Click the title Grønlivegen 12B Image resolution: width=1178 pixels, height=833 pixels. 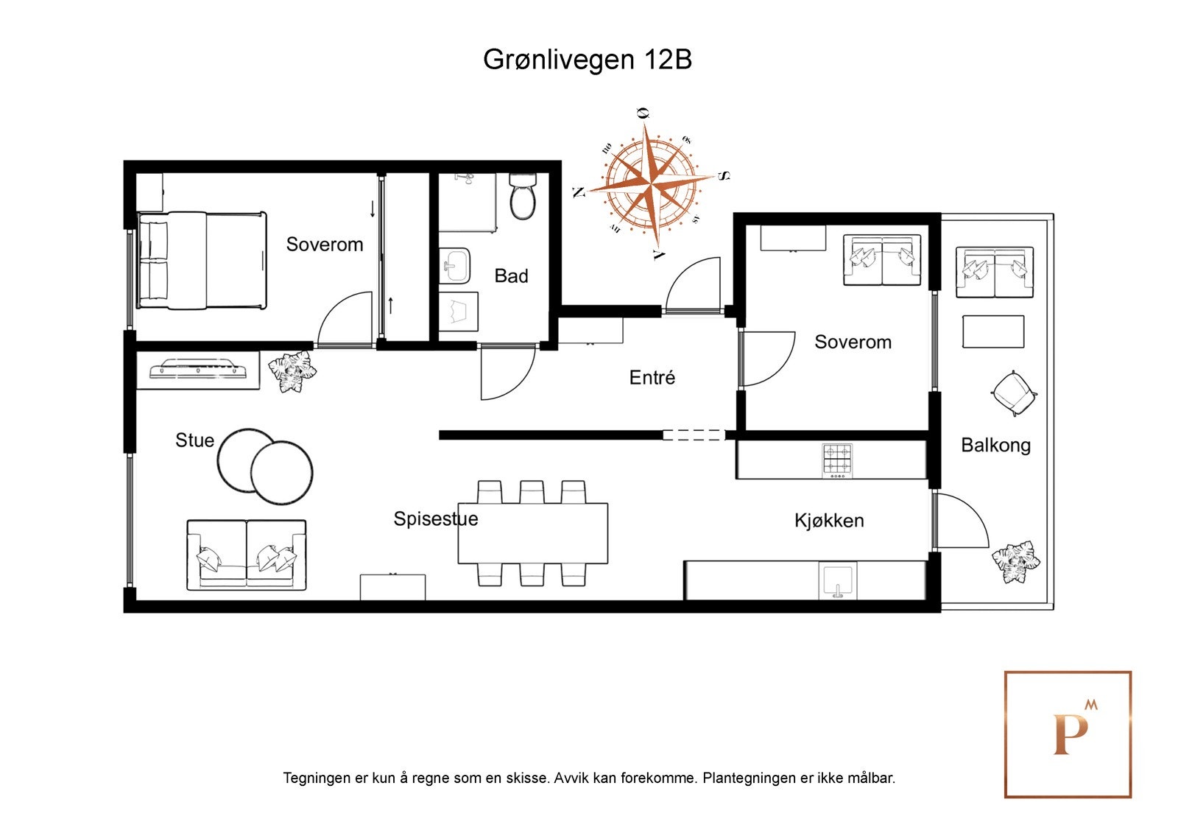pyautogui.click(x=587, y=60)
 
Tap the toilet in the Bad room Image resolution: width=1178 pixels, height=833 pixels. pyautogui.click(x=523, y=197)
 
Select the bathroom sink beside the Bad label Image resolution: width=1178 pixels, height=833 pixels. pyautogui.click(x=456, y=264)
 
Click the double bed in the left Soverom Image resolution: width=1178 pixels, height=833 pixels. pyautogui.click(x=202, y=260)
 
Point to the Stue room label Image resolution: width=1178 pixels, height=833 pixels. pyautogui.click(x=194, y=440)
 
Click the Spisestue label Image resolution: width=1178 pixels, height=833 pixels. pyautogui.click(x=435, y=519)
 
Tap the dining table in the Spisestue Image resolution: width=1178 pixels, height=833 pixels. pyautogui.click(x=532, y=533)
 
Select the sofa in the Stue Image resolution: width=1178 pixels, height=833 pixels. pyautogui.click(x=247, y=554)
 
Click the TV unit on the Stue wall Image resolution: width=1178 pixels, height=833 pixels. pyautogui.click(x=198, y=369)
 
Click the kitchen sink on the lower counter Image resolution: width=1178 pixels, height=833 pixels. pyautogui.click(x=838, y=580)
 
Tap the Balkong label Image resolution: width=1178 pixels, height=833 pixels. pyautogui.click(x=995, y=445)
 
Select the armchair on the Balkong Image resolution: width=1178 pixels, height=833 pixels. pyautogui.click(x=1014, y=393)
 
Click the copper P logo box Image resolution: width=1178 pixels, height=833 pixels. pyautogui.click(x=1068, y=734)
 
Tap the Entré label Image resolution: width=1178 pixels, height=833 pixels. pyautogui.click(x=652, y=378)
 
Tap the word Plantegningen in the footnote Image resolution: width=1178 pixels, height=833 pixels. pyautogui.click(x=747, y=778)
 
